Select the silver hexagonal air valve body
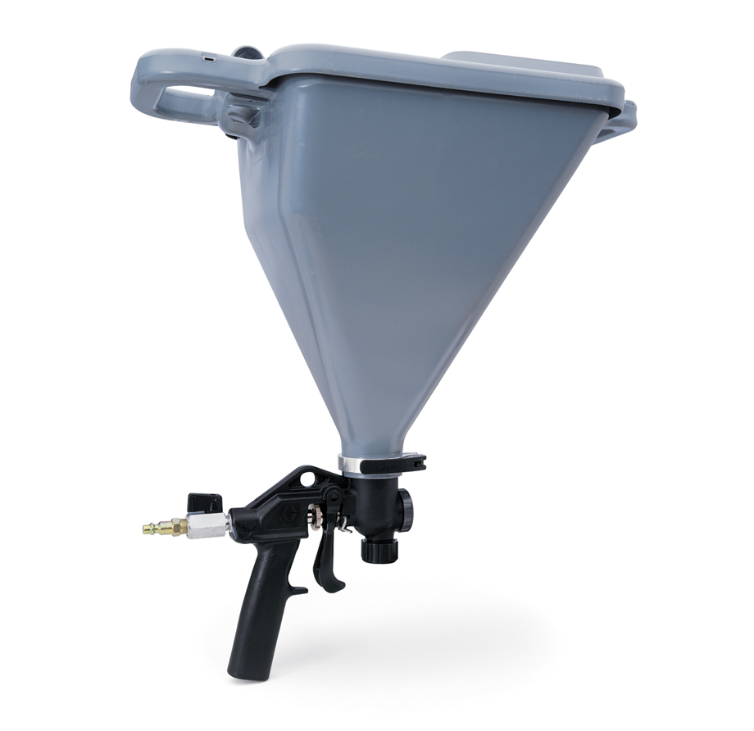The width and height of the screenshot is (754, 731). pyautogui.click(x=207, y=525)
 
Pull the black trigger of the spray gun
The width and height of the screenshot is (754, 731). pyautogui.click(x=326, y=557)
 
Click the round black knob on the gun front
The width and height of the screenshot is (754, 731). pyautogui.click(x=403, y=508)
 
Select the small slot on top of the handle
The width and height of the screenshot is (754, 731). pyautogui.click(x=211, y=59)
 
